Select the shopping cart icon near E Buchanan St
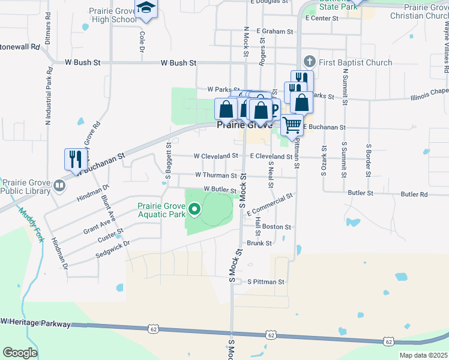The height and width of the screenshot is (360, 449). (292, 125)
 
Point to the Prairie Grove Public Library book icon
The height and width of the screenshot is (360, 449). (59, 185)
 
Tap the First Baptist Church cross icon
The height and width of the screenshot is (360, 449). (310, 62)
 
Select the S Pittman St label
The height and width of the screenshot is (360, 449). (265, 281)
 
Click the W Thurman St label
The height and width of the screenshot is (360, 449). (216, 175)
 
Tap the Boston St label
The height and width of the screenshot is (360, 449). (276, 227)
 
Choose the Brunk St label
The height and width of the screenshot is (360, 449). (259, 243)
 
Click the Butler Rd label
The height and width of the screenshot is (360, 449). (414, 194)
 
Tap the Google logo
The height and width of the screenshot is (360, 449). (20, 352)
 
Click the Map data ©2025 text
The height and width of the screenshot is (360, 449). (423, 355)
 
